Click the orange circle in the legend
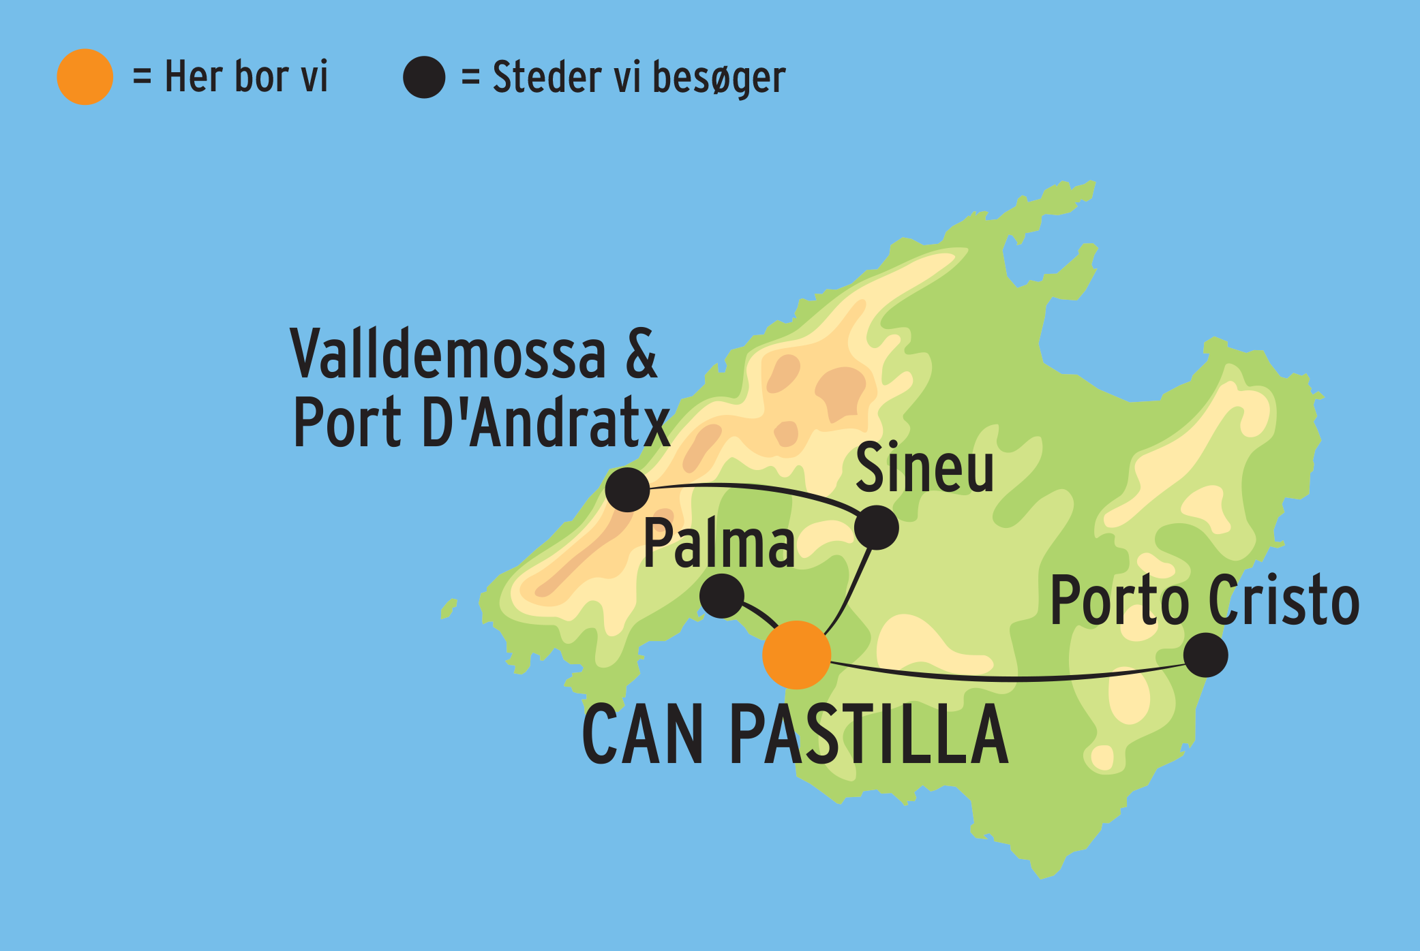(85, 77)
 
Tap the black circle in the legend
(423, 77)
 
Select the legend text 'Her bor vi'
(246, 76)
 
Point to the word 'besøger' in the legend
(719, 78)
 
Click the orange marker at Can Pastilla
(796, 655)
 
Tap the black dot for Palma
(722, 596)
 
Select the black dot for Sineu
(877, 527)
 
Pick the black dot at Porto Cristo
(1205, 655)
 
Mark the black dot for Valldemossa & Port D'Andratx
(627, 489)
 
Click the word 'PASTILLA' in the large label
(868, 735)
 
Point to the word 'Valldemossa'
(448, 354)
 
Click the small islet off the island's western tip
(449, 608)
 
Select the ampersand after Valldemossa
(641, 354)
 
